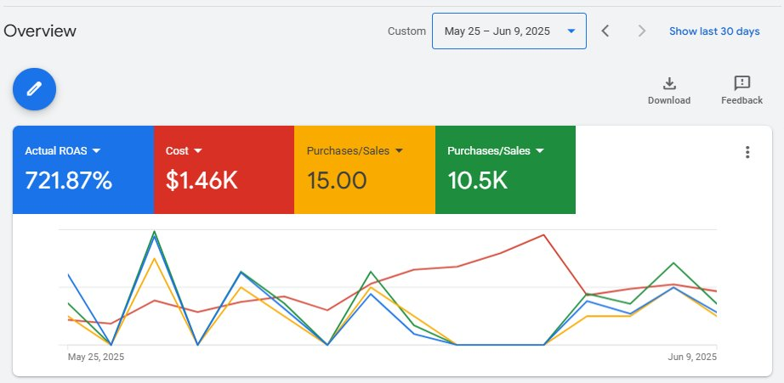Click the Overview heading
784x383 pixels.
[x=40, y=31]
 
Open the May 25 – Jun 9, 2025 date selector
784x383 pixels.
[x=508, y=31]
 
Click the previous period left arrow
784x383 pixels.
[x=605, y=31]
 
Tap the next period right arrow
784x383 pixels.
[x=642, y=31]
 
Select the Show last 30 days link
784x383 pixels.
[x=713, y=31]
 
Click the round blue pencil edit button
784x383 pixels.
[x=34, y=88]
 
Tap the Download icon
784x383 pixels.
[x=669, y=83]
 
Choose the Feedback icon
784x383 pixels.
[x=741, y=83]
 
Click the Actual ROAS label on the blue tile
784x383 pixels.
[x=56, y=151]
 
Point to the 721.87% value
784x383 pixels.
[x=68, y=181]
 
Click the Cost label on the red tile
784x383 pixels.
[x=178, y=151]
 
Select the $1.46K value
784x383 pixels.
[x=202, y=181]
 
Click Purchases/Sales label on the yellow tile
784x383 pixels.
[x=348, y=151]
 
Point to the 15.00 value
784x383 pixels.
[x=337, y=181]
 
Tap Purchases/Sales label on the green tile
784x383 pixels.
[x=489, y=151]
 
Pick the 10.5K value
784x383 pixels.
[x=477, y=181]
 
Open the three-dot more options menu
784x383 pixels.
[x=747, y=152]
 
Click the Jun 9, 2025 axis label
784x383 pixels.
[x=691, y=357]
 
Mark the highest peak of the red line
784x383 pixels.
[x=543, y=235]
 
